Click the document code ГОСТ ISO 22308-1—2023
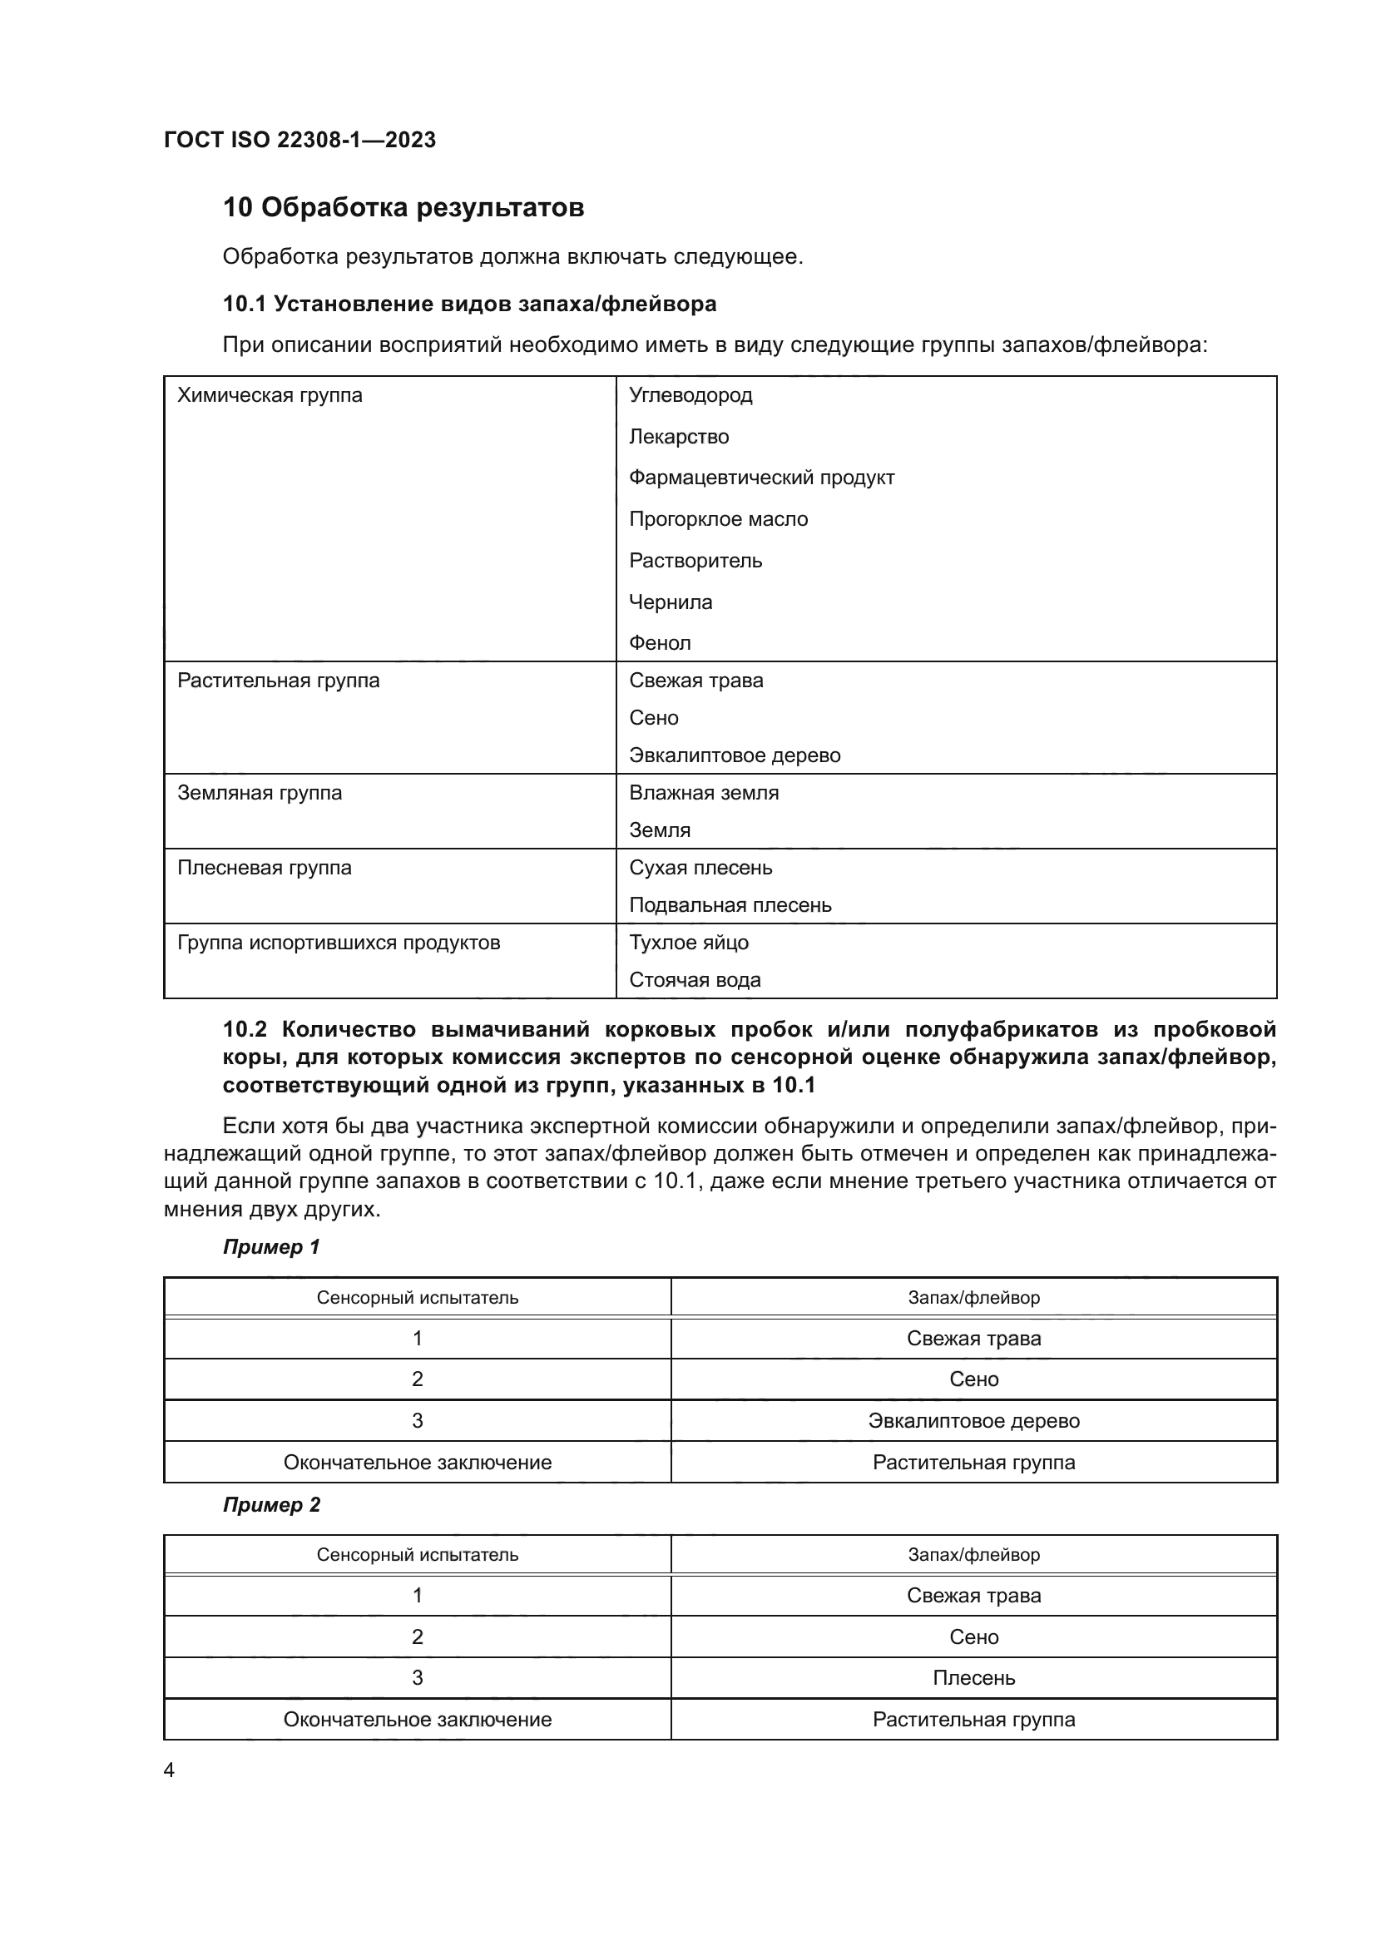coord(299,140)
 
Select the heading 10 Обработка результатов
coord(403,207)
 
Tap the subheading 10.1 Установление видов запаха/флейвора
coord(469,304)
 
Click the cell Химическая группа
coord(270,395)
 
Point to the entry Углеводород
coord(690,395)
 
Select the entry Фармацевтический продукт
coord(762,478)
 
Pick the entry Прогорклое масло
coord(719,518)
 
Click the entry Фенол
coord(660,642)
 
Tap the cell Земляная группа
coord(260,793)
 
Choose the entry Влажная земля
coord(704,793)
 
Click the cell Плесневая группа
coord(265,867)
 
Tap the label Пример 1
coord(271,1247)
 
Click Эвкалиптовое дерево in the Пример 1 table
coord(973,1420)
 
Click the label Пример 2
coord(271,1504)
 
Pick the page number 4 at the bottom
coord(169,1770)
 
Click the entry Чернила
coord(671,602)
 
